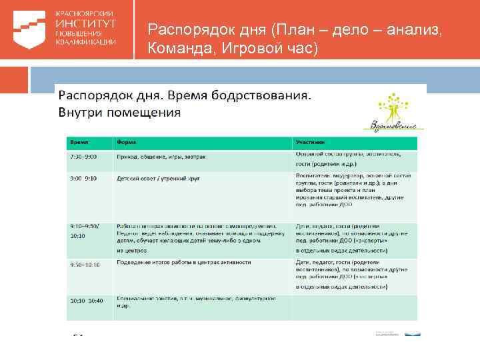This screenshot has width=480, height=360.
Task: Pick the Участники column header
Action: click(x=311, y=142)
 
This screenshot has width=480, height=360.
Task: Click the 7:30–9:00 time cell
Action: click(x=84, y=156)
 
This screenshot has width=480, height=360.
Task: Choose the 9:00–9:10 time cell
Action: click(x=84, y=179)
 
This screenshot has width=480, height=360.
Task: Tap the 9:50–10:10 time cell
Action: click(x=85, y=265)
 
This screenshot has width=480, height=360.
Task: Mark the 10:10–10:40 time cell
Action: click(x=86, y=300)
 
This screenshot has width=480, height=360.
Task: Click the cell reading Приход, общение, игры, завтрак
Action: click(x=161, y=156)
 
